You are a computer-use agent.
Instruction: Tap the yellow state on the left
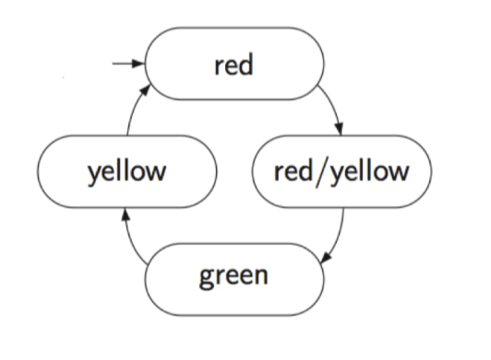point(126,171)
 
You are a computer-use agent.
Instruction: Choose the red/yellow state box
point(341,171)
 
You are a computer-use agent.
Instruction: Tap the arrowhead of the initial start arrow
point(141,64)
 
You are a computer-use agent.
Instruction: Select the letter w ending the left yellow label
point(162,172)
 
